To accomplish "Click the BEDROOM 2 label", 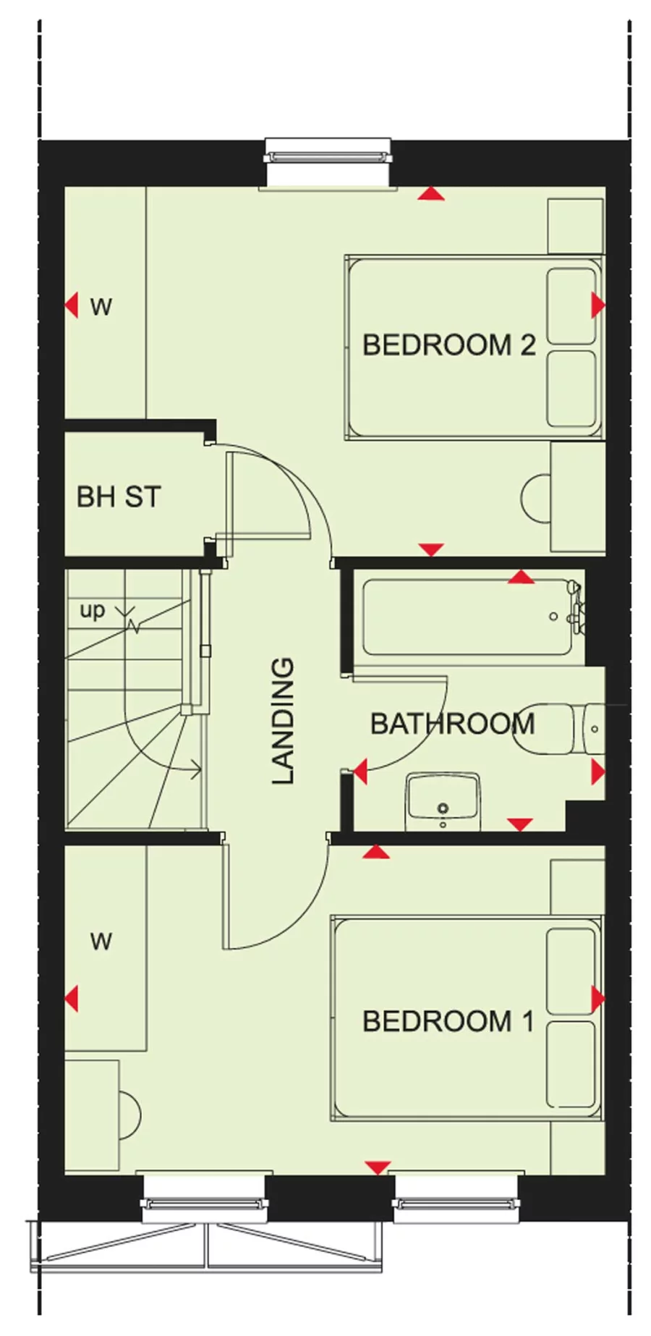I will click(448, 345).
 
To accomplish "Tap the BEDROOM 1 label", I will click(448, 1021).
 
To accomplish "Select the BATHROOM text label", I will click(452, 724).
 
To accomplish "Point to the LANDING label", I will click(283, 721).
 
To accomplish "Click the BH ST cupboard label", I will click(119, 497).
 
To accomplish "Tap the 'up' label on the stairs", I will click(93, 611).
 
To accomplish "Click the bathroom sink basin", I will click(443, 800).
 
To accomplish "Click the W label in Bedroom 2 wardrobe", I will click(101, 307).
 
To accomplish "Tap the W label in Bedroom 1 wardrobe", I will click(101, 942).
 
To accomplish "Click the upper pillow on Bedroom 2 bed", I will click(571, 306).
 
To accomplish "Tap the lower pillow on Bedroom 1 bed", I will click(571, 1065).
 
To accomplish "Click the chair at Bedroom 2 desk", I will click(535, 499).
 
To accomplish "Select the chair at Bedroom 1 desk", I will click(129, 1115).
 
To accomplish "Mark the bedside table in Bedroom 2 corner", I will click(575, 227).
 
